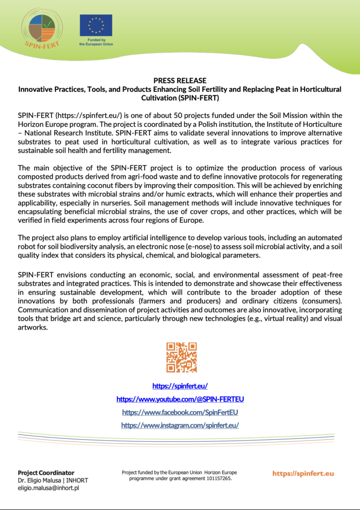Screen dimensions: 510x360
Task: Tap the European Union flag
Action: [96, 25]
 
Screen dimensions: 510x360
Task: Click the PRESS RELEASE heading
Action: [180, 81]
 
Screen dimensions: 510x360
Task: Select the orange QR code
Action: [181, 357]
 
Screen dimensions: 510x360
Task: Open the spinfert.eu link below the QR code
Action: [180, 386]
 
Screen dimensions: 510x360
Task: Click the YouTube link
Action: [180, 399]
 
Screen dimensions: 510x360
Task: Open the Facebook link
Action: [180, 412]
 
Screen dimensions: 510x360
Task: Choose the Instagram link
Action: [180, 425]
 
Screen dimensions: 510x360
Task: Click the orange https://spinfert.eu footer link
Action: [303, 473]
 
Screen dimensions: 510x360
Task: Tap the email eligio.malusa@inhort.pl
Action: [48, 488]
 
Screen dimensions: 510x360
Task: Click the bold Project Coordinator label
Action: [46, 473]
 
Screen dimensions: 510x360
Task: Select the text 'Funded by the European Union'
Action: [96, 42]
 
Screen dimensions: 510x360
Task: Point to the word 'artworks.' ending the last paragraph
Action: [32, 328]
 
